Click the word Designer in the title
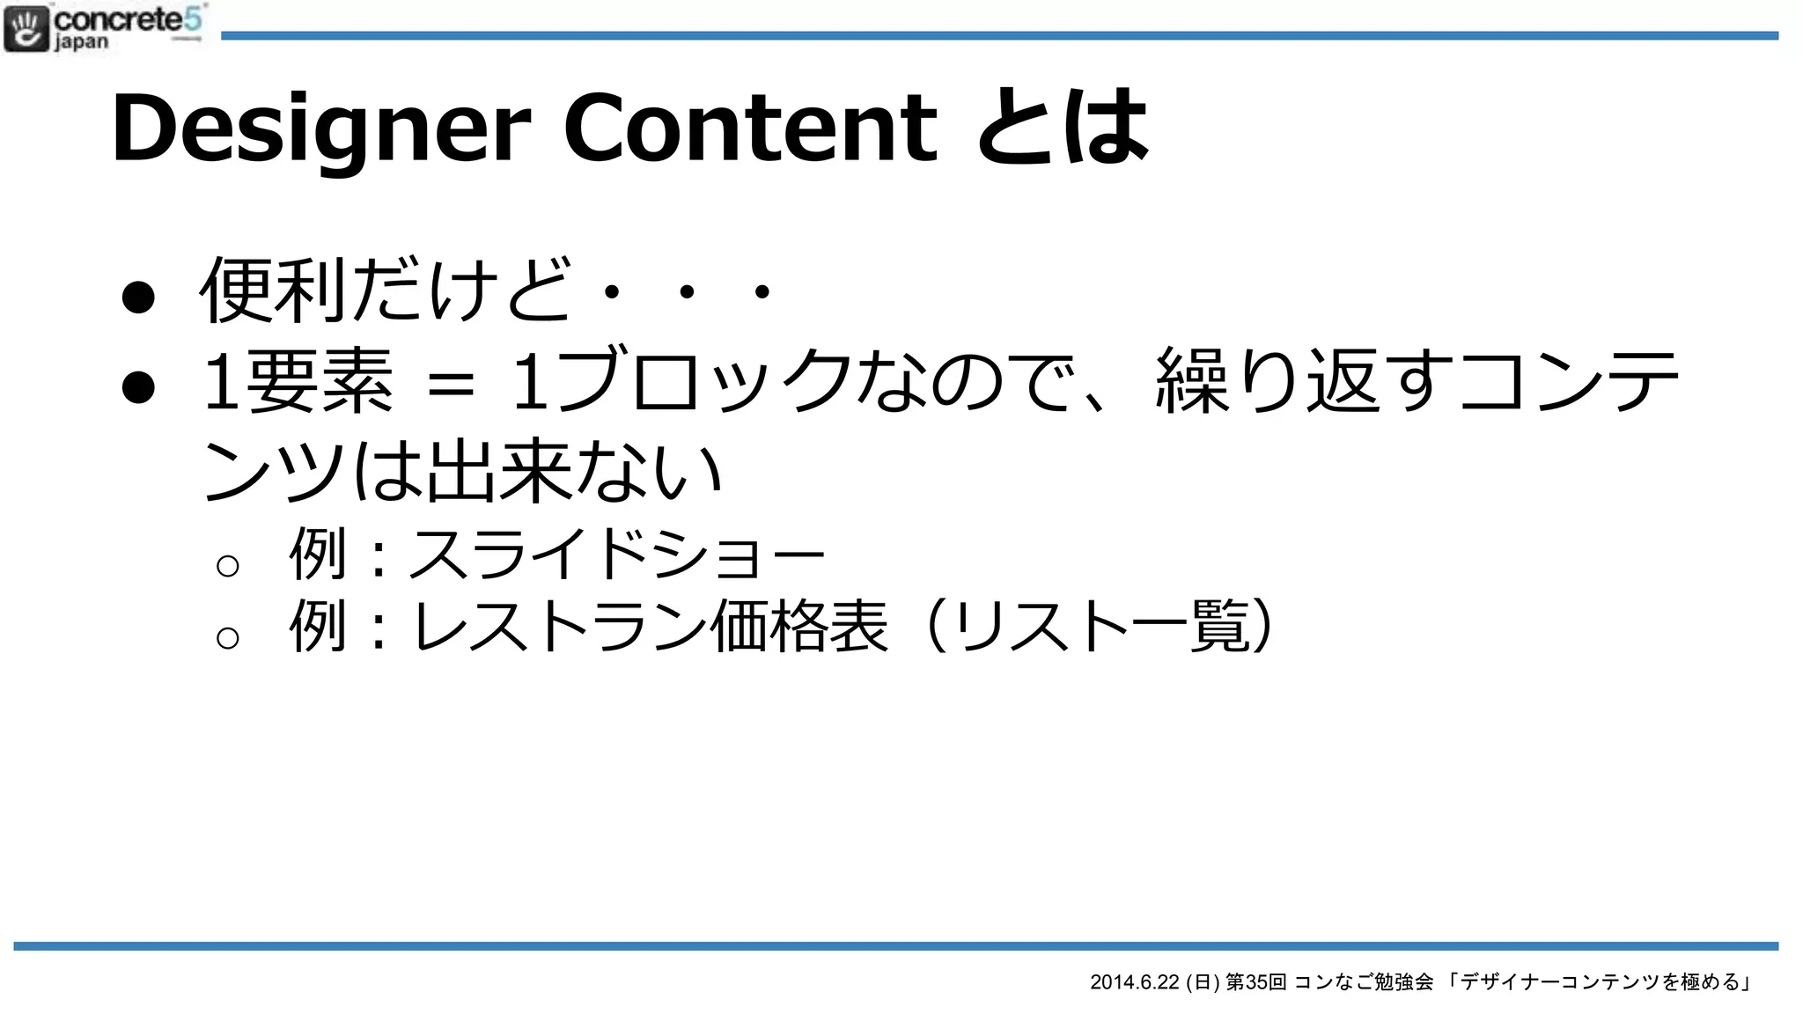pyautogui.click(x=321, y=129)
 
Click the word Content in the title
pyautogui.click(x=750, y=129)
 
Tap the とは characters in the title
pyautogui.click(x=1063, y=129)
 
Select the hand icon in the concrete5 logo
pyautogui.click(x=26, y=28)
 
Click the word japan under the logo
pyautogui.click(x=81, y=42)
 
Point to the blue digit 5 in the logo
pyautogui.click(x=194, y=18)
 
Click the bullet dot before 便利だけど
pyautogui.click(x=138, y=297)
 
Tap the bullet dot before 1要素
pyautogui.click(x=138, y=386)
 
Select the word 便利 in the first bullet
pyautogui.click(x=273, y=290)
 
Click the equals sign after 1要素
pyautogui.click(x=450, y=385)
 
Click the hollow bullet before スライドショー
pyautogui.click(x=227, y=565)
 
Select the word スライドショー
pyautogui.click(x=616, y=555)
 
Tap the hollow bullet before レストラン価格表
pyautogui.click(x=227, y=637)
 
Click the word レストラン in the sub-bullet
pyautogui.click(x=560, y=627)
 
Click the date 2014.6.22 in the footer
pyautogui.click(x=1134, y=982)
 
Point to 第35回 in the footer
pyautogui.click(x=1256, y=982)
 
